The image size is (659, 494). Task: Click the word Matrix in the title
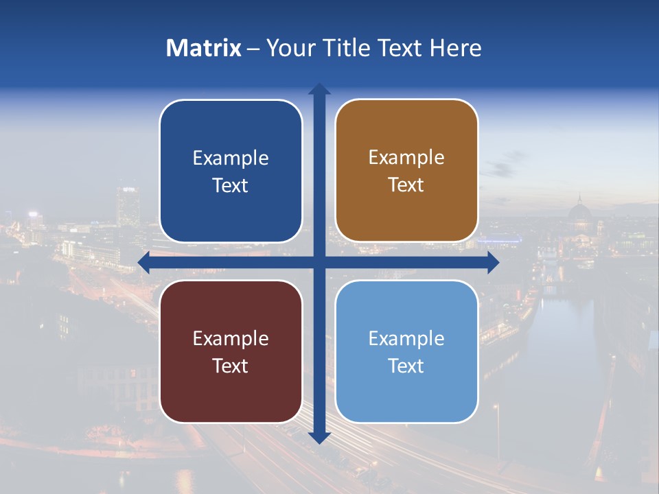pos(204,48)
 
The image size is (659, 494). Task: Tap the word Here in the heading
pos(456,48)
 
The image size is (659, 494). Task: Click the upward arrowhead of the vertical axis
pos(319,90)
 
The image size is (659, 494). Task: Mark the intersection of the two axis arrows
pos(319,262)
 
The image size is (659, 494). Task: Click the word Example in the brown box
pos(406,158)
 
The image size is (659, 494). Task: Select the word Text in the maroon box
pos(230,366)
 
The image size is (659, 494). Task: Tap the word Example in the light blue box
pos(406,338)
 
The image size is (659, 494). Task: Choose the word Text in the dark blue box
pos(230,185)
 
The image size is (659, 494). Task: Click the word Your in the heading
pos(287,48)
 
